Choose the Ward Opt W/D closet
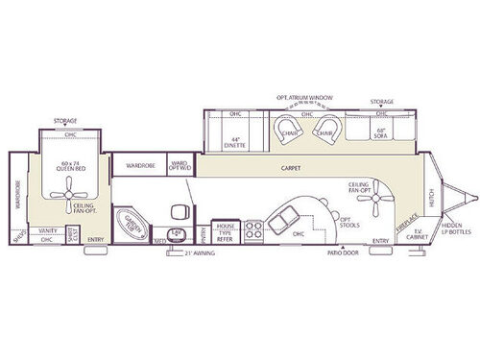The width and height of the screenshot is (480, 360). (x=180, y=165)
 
